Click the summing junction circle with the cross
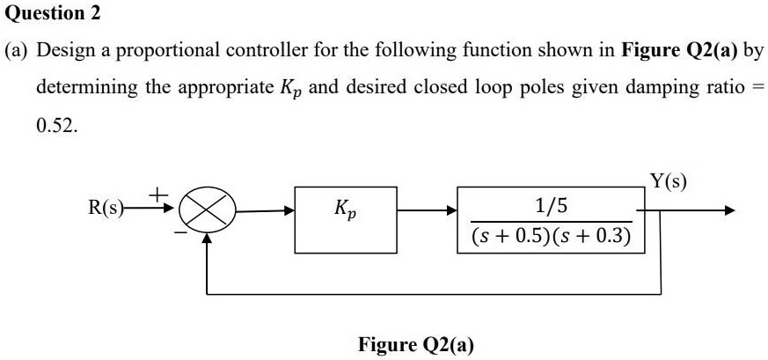207,212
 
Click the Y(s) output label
669,183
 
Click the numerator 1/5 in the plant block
552,205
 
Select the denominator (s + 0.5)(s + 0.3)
552,236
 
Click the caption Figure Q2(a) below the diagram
415,343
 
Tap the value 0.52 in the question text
56,126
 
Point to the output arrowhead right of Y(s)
726,212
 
